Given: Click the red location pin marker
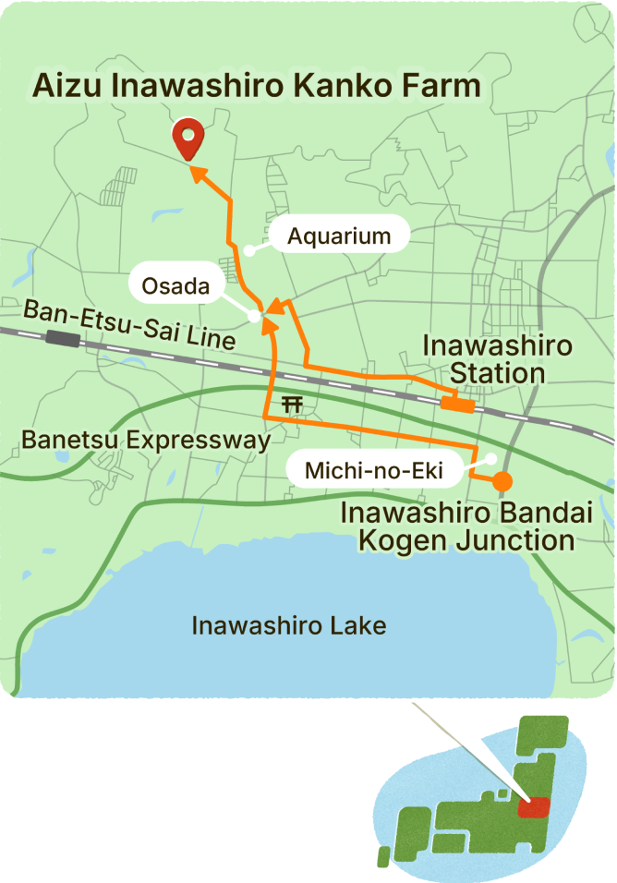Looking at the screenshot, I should (189, 139).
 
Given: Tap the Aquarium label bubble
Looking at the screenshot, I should (339, 236).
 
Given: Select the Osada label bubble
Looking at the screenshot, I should (176, 286).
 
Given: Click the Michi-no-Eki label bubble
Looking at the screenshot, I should (374, 471).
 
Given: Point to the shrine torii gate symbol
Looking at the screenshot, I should (293, 404).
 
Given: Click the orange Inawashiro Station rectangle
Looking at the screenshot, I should (458, 404).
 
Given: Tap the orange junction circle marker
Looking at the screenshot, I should (502, 481).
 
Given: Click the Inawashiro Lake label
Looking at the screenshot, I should (288, 625).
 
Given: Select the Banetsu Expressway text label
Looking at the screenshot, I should (146, 440).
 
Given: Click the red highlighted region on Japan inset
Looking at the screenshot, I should (533, 806).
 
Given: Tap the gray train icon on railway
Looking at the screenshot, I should (62, 338).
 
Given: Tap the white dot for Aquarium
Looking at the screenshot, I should (248, 250).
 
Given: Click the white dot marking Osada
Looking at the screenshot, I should (254, 316).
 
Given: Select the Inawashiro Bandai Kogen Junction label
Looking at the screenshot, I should (458, 526).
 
